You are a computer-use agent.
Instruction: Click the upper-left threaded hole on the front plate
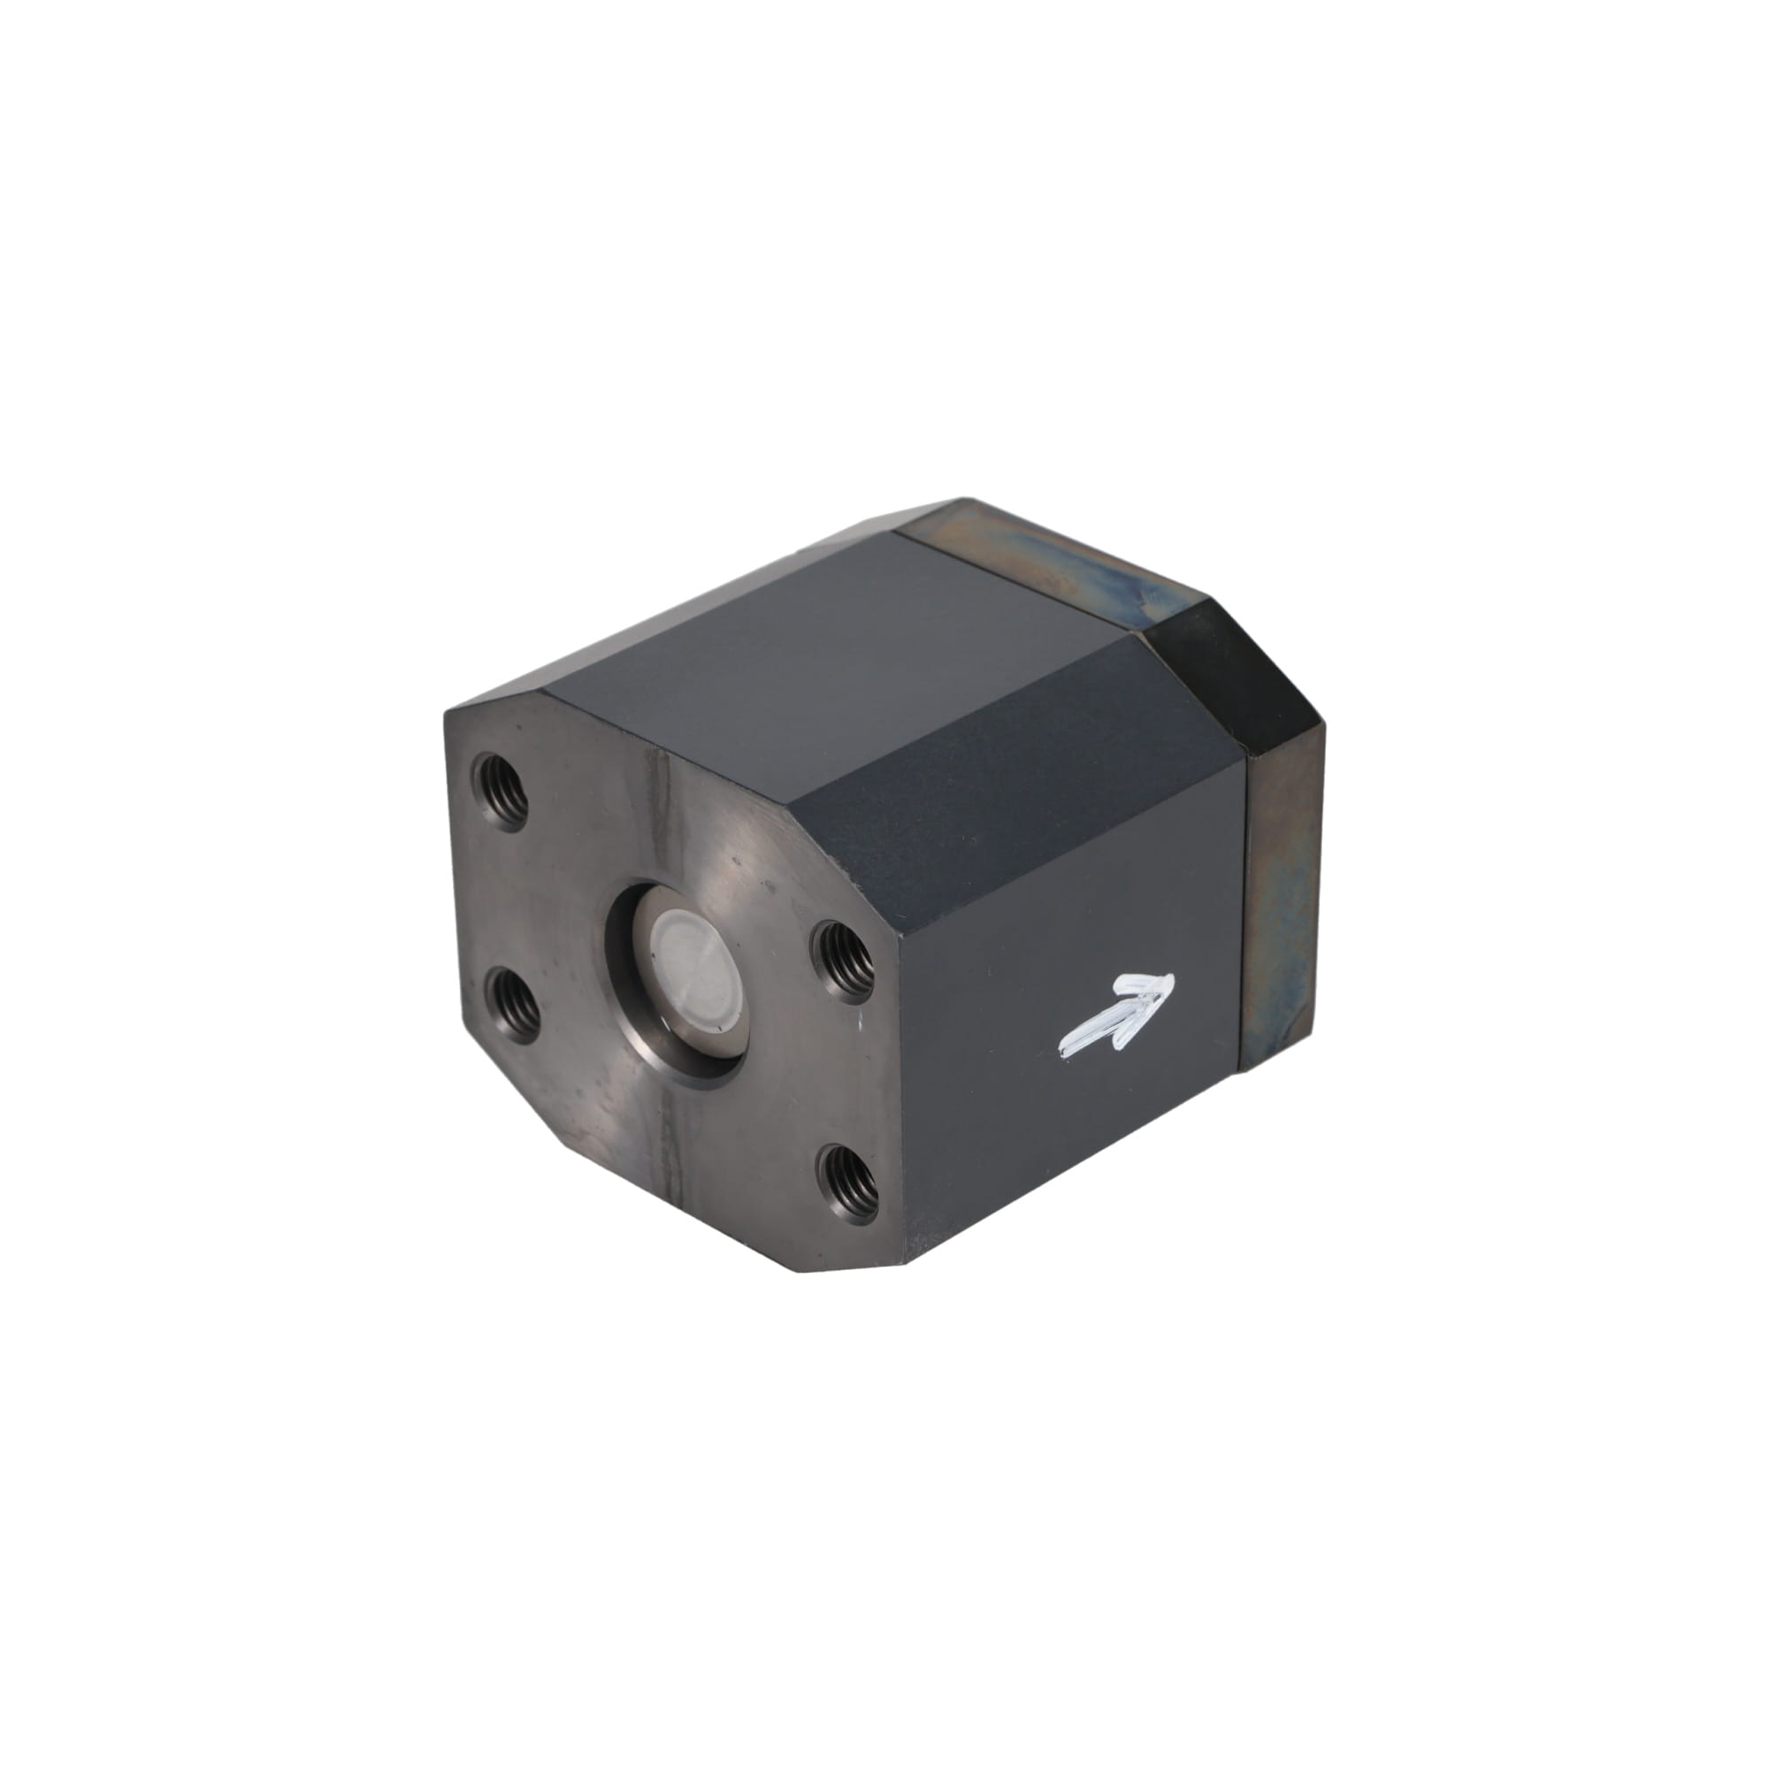tap(501, 790)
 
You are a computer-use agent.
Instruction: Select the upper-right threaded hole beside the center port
tap(843, 958)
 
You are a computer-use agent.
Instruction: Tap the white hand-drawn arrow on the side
tap(1116, 1015)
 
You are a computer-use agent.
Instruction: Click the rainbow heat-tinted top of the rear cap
tap(1053, 549)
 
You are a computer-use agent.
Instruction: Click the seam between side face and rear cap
tap(1243, 915)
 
